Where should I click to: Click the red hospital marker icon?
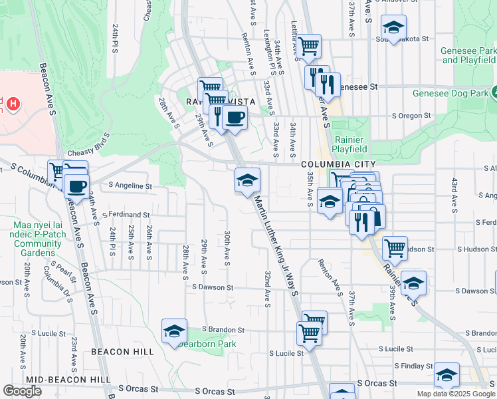tap(13, 104)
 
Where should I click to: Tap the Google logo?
tap(22, 391)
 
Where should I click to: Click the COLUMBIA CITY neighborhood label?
tap(338, 164)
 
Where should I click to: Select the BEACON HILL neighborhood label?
tap(122, 351)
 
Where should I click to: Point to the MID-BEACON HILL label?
tap(68, 379)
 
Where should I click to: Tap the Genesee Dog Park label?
tap(452, 93)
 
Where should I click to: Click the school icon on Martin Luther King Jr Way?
tap(247, 181)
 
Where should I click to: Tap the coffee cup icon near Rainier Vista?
tap(235, 118)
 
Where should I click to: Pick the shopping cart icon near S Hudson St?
tap(395, 249)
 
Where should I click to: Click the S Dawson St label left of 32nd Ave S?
tap(213, 287)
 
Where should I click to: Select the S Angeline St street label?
tap(130, 186)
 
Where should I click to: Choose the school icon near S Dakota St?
tap(393, 28)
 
